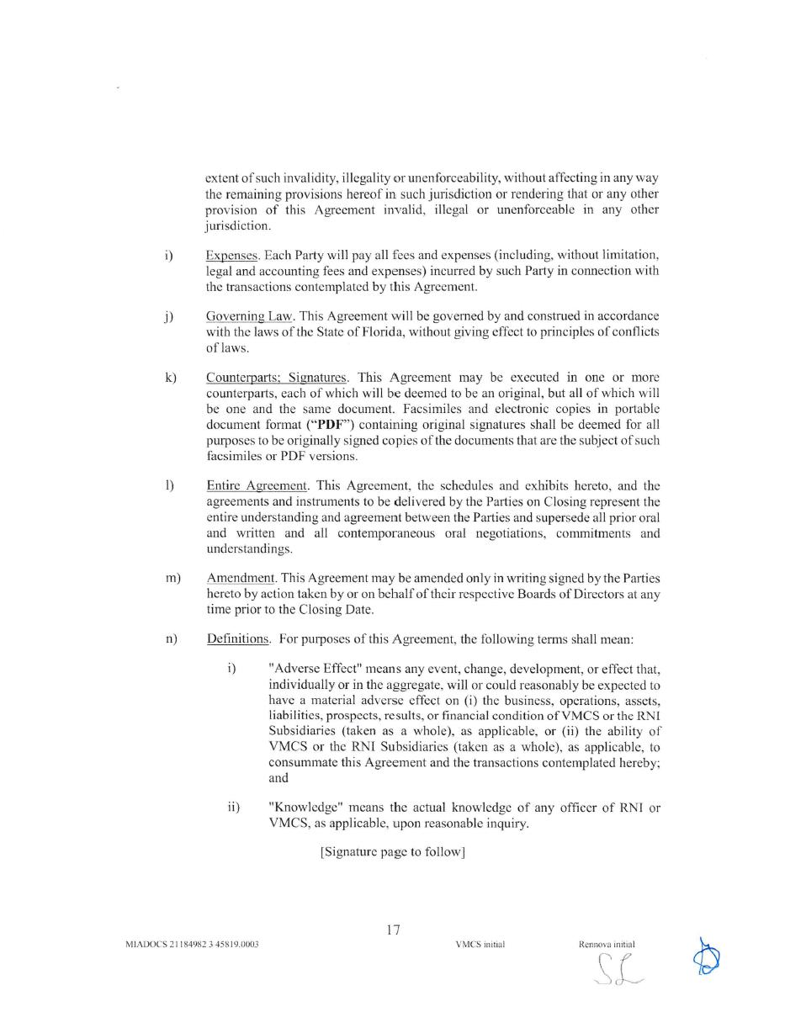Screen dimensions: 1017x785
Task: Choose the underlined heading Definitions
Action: (238, 639)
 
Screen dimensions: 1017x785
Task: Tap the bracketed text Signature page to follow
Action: (393, 852)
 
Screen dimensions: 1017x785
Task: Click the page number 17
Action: (393, 930)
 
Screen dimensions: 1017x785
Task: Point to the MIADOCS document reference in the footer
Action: (192, 945)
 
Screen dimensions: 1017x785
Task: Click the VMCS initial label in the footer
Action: (480, 945)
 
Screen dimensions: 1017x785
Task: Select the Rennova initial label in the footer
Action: (607, 945)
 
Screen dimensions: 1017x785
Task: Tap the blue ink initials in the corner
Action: (706, 956)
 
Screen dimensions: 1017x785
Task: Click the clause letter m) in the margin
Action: (173, 579)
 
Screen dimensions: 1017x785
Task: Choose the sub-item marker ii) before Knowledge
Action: (234, 808)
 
